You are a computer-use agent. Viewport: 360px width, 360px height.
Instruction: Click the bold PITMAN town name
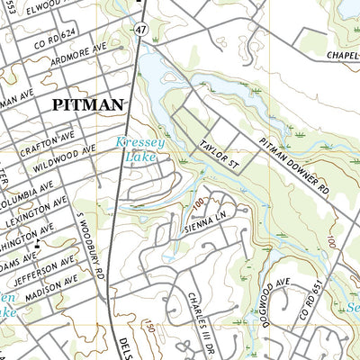point(87,105)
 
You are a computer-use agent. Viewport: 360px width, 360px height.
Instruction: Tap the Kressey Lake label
point(135,149)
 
